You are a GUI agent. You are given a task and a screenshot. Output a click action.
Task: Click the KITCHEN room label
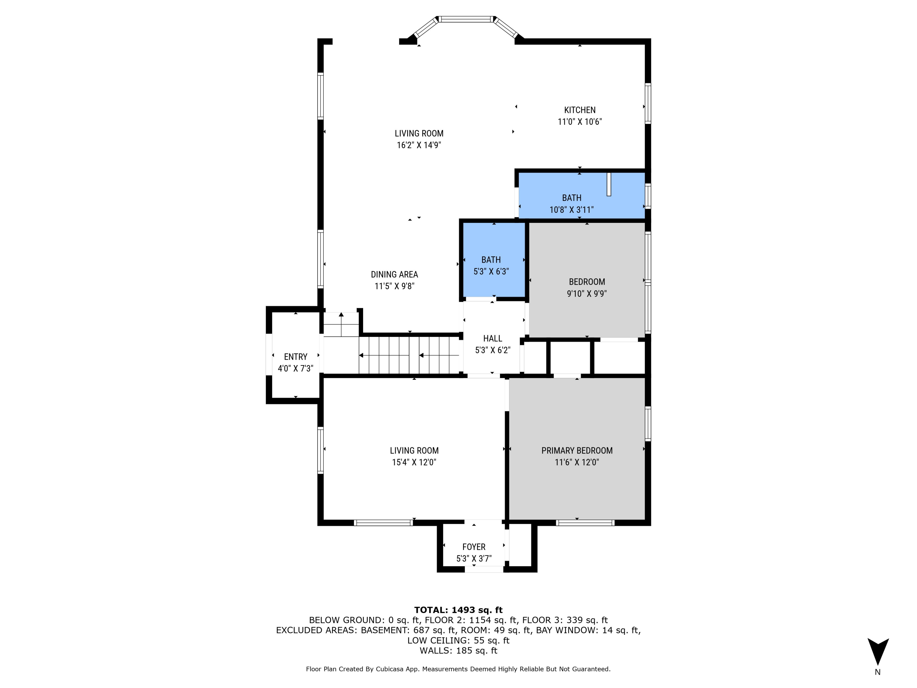[579, 110]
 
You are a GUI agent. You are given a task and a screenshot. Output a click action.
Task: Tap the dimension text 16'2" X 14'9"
[419, 145]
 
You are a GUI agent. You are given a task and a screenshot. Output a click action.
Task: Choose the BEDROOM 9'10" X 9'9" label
[587, 282]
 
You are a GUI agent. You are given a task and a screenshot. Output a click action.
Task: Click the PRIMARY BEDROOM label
[577, 450]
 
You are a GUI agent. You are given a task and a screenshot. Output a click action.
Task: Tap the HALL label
[492, 338]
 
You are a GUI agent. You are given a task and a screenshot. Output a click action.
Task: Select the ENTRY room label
[296, 357]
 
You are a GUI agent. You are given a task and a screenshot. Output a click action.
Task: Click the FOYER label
[474, 547]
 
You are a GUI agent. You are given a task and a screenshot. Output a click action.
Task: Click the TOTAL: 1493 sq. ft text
[458, 610]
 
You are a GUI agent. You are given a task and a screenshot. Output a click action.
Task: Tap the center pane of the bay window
[466, 19]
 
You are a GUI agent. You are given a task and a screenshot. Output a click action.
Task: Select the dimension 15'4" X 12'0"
[414, 462]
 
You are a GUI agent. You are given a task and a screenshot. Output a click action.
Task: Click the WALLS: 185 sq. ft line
[458, 650]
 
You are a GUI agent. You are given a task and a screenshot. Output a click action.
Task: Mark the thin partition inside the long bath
[609, 184]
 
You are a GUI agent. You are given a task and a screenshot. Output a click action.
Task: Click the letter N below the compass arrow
[878, 672]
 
